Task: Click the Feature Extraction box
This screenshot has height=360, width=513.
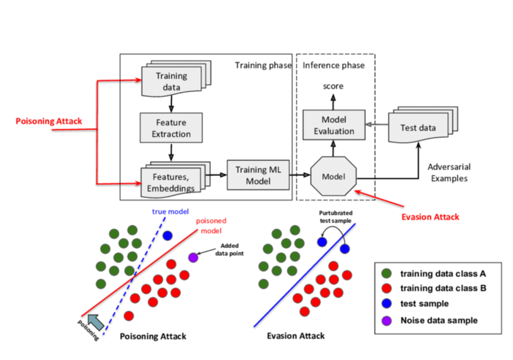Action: (171, 128)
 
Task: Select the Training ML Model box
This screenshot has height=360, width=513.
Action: (258, 174)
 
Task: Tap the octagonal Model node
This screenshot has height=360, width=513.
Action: (334, 176)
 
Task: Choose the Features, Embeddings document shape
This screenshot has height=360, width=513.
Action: (171, 182)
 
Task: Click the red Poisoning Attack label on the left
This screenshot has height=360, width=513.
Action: (49, 121)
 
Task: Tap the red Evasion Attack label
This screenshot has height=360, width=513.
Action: (430, 217)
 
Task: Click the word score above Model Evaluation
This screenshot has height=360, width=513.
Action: (333, 86)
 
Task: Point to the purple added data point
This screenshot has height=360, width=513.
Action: (193, 258)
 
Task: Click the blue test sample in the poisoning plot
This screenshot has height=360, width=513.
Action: (167, 236)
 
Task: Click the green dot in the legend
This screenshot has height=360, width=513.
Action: (386, 273)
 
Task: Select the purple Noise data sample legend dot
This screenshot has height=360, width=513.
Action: (386, 320)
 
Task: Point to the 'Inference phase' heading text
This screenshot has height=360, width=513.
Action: (333, 65)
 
